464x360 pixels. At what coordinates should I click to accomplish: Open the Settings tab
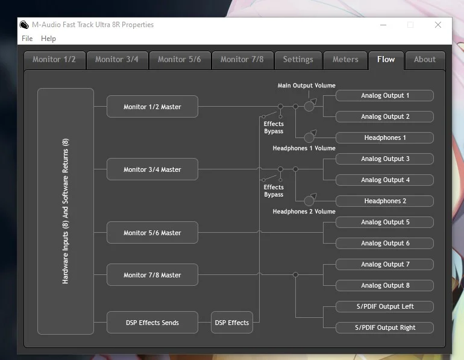point(298,60)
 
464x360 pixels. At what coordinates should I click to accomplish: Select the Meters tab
point(345,60)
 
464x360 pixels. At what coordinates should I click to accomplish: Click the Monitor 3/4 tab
point(117,60)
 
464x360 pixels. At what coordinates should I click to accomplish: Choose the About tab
point(425,60)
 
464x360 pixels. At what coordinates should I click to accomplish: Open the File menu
point(27,39)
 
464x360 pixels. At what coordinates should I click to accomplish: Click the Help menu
point(48,39)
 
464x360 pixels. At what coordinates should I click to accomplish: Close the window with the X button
point(438,25)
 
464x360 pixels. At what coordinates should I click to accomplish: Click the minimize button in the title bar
point(383,25)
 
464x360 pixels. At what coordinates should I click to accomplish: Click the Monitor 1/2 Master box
point(152,107)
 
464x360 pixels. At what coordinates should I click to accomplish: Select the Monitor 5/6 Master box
point(152,233)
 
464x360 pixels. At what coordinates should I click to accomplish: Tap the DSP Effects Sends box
point(152,323)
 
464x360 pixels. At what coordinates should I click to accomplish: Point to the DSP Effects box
point(232,323)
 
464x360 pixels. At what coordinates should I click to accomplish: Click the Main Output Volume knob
point(310,106)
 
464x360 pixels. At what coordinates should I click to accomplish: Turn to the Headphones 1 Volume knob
point(310,137)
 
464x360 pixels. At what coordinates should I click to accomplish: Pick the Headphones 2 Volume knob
point(310,201)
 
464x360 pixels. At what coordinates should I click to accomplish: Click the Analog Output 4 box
point(384,180)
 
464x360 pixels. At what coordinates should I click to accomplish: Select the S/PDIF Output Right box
point(384,327)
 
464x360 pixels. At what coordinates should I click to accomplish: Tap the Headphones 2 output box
point(384,201)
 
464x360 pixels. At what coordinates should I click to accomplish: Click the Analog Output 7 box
point(384,264)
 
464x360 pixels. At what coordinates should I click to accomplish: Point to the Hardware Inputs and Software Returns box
point(66,211)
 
